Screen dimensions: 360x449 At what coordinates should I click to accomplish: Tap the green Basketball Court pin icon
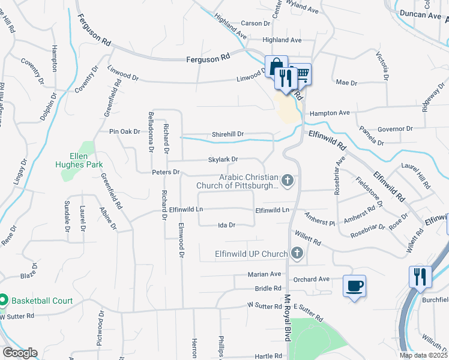click(x=3, y=300)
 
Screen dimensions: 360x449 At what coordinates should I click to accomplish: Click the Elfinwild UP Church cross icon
click(x=297, y=254)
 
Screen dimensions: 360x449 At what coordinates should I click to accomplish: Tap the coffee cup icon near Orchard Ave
click(x=355, y=286)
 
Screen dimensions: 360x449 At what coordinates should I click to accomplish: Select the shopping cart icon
click(x=301, y=74)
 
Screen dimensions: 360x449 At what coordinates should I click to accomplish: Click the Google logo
click(x=19, y=353)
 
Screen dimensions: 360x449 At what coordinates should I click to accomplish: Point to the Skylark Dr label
click(x=223, y=160)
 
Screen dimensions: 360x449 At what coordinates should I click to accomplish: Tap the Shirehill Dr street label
click(x=228, y=134)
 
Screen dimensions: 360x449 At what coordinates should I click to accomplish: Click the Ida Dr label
click(x=226, y=225)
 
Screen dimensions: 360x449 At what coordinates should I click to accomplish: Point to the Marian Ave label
click(x=265, y=274)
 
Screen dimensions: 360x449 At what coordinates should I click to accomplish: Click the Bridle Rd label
click(x=268, y=289)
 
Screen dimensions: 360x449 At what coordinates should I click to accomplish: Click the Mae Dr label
click(x=346, y=82)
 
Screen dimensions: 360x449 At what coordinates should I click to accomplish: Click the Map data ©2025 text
click(x=423, y=355)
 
